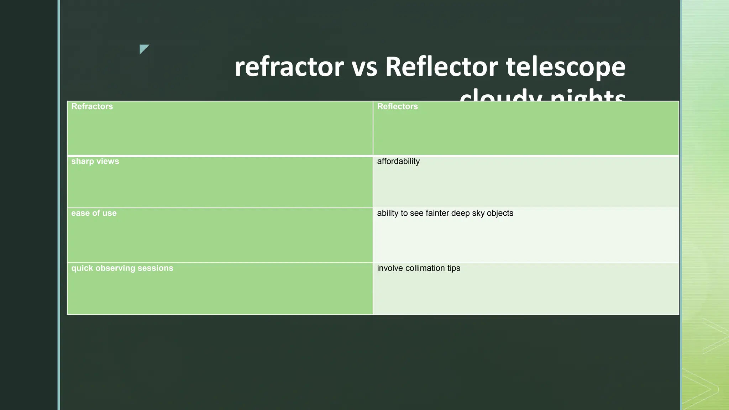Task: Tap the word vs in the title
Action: tap(364, 67)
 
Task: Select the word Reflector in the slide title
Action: tap(441, 67)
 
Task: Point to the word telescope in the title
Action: tap(566, 67)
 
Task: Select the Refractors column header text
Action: tap(92, 106)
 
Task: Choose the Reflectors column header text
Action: tap(397, 106)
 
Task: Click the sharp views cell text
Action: tap(95, 161)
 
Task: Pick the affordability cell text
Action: tap(398, 161)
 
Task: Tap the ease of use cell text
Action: tap(94, 213)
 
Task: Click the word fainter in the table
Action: tap(437, 213)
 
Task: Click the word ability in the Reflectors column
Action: tap(388, 213)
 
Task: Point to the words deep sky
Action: tap(468, 213)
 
